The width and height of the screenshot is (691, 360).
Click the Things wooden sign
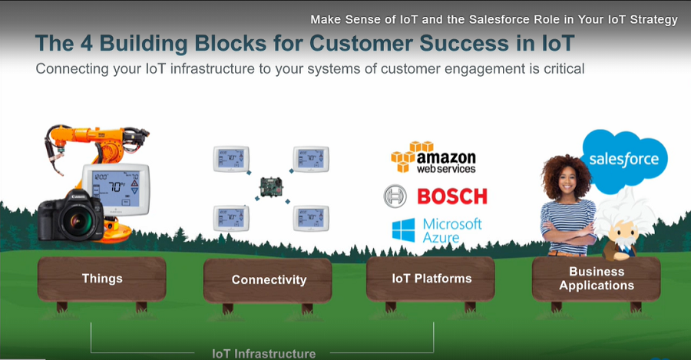(102, 278)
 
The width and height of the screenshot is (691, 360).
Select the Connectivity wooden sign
(268, 280)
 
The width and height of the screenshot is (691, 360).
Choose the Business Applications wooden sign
(596, 278)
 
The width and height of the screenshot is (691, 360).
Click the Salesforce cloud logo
(623, 159)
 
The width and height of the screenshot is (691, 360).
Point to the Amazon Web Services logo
(434, 157)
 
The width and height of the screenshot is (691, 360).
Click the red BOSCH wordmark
(451, 196)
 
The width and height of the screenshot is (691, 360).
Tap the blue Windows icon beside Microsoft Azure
(402, 230)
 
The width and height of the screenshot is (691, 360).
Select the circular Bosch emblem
(395, 197)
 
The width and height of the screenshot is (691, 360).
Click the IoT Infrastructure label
(263, 354)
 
